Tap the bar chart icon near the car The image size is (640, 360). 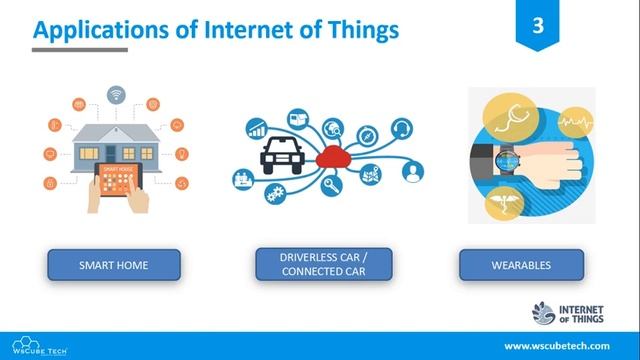(x=257, y=129)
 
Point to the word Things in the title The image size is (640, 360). (x=360, y=31)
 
